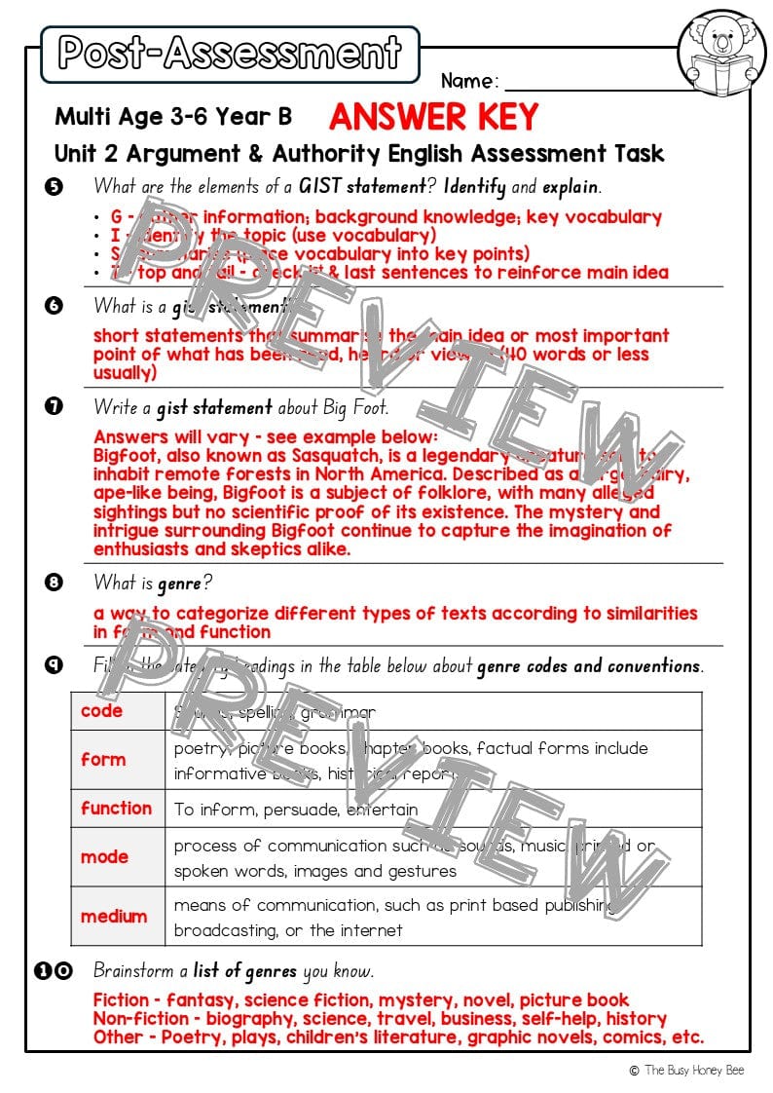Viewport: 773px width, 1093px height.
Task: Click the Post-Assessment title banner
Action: tap(230, 54)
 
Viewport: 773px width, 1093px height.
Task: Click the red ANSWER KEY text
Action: tap(433, 118)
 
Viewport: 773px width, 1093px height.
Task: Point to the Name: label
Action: tap(469, 80)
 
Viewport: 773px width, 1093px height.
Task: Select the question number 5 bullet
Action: tap(54, 185)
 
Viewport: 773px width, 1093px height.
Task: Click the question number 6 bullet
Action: tap(54, 306)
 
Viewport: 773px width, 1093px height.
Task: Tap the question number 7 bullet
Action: tap(54, 407)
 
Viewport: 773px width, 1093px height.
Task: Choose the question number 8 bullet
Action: tap(54, 584)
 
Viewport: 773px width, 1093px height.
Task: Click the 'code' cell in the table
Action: tap(101, 711)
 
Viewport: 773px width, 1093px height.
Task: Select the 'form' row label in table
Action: tap(103, 760)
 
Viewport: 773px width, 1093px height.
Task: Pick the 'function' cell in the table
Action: tap(117, 809)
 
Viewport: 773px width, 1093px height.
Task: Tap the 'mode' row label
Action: tap(104, 857)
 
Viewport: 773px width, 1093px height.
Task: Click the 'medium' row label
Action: tap(114, 917)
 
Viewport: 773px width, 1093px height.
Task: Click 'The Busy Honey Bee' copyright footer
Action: tap(694, 1070)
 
